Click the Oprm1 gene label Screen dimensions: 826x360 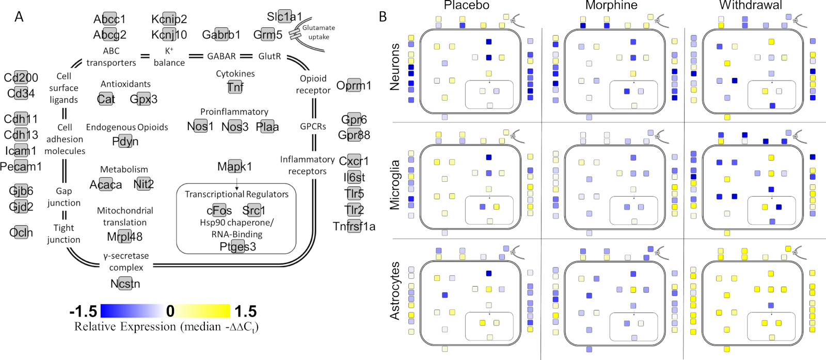[354, 86]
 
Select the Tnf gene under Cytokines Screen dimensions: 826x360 [235, 87]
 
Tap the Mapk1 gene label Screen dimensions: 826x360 [234, 167]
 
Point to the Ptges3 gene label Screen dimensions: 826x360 [238, 246]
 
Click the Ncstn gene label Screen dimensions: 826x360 [125, 284]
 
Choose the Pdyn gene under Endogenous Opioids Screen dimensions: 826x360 [125, 142]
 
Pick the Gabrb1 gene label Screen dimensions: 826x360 [221, 35]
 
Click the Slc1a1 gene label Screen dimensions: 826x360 [284, 17]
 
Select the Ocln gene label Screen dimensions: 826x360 [21, 232]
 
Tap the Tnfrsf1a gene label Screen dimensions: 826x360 [354, 226]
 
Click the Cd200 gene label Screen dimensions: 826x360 [21, 77]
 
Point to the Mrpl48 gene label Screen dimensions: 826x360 [124, 237]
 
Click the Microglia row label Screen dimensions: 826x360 [395, 185]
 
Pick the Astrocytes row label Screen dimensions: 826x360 [395, 291]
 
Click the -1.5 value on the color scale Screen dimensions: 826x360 [83, 311]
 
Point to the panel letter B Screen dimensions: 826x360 [383, 17]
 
